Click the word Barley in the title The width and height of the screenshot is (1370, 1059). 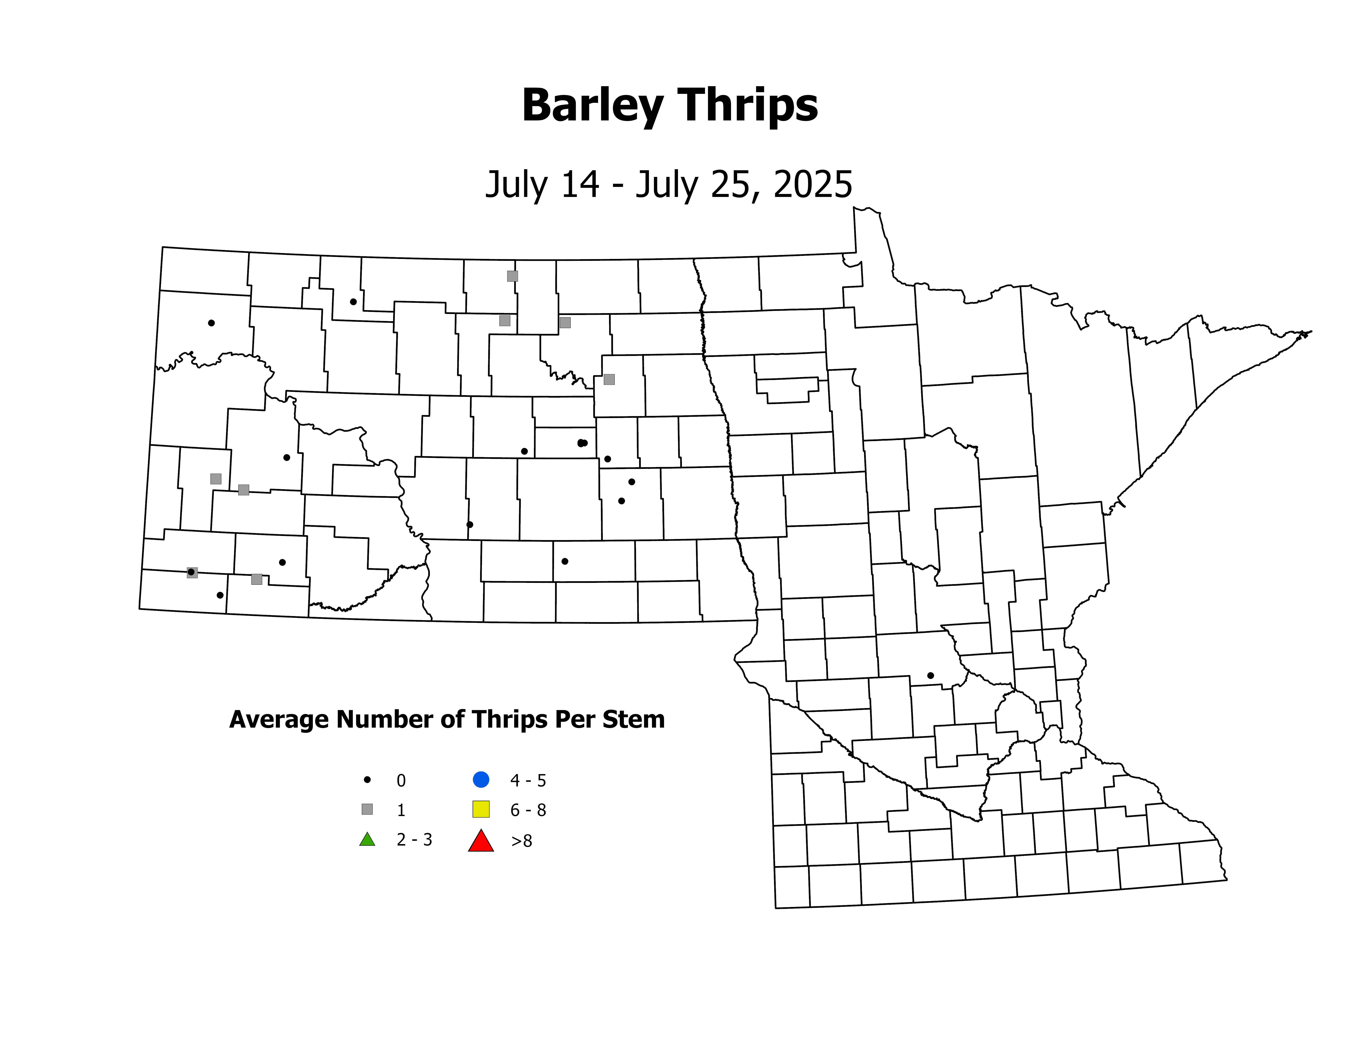click(592, 105)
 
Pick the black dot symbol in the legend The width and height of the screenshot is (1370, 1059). click(368, 780)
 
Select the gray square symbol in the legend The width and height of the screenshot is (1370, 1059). click(368, 809)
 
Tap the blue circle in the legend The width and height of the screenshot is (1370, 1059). click(481, 780)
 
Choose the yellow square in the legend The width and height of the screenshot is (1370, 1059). click(481, 809)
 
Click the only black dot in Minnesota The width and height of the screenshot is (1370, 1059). click(930, 676)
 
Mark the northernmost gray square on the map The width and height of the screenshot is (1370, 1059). click(513, 276)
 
